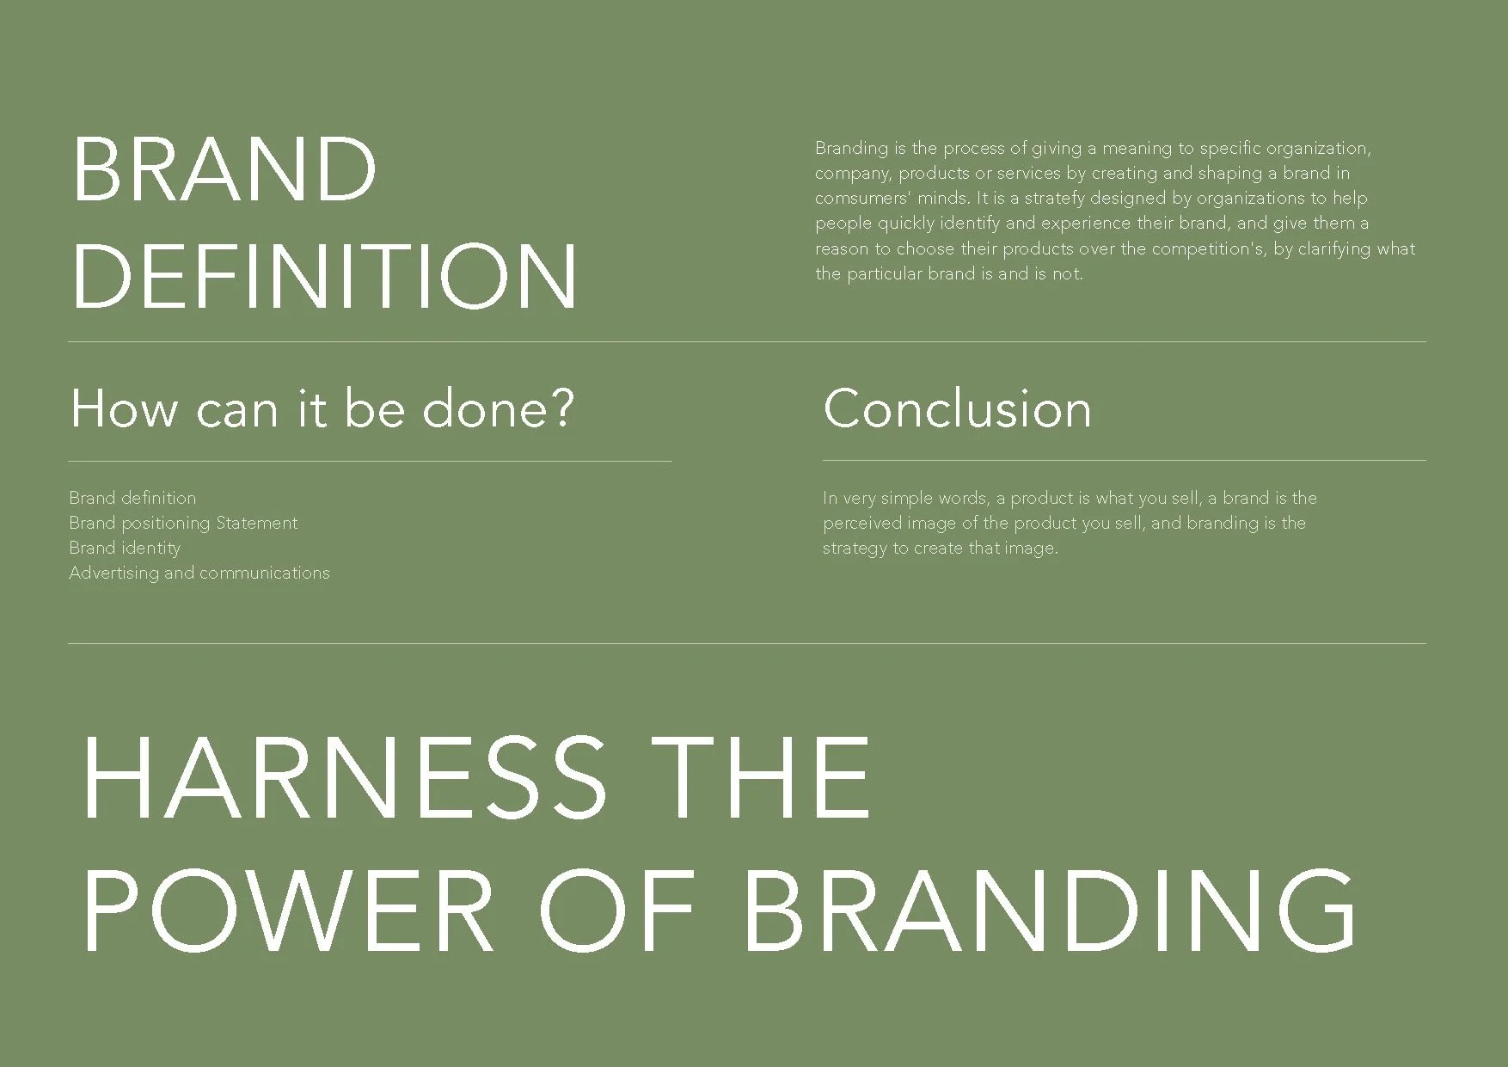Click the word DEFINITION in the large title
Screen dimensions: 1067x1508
324,276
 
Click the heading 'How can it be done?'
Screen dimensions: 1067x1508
321,408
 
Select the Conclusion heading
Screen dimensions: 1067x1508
957,408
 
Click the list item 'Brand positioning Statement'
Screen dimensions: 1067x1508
183,523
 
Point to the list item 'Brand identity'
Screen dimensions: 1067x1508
125,548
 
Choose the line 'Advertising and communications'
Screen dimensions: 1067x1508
199,573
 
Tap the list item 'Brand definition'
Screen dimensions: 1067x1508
132,498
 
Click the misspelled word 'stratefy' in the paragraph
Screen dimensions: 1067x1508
1054,198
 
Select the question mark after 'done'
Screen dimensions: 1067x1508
561,408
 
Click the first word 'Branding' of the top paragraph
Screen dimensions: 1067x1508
851,148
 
